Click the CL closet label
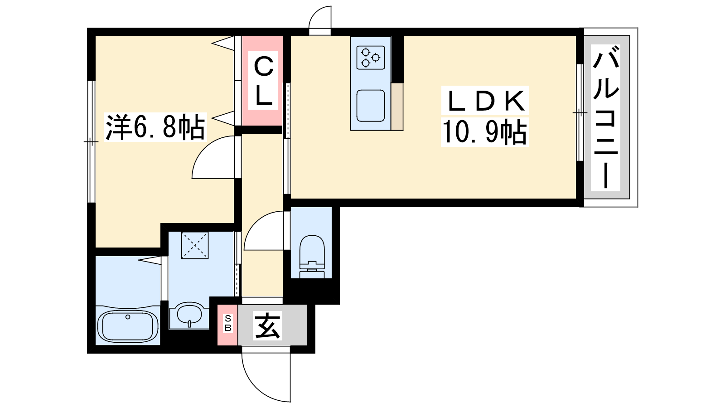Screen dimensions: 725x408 point(263,81)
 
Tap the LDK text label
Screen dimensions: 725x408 point(485,101)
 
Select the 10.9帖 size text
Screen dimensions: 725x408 point(484,131)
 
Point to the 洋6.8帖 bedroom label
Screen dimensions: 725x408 point(155,127)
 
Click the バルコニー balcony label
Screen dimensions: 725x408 point(605,117)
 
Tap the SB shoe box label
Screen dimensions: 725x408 point(227,323)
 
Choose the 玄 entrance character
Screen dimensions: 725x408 point(268,325)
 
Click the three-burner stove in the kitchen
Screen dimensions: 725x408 point(371,57)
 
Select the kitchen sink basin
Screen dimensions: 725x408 point(371,106)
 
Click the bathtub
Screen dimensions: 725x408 point(128,326)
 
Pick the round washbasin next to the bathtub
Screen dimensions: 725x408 point(189,314)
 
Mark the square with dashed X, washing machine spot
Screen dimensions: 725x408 point(194,245)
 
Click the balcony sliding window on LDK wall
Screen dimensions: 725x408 point(580,112)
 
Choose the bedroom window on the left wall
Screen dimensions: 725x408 point(91,141)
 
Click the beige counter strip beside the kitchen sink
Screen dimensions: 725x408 point(397,107)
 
